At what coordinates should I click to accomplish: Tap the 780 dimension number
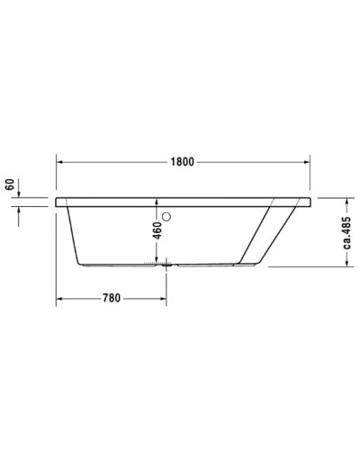[111, 297]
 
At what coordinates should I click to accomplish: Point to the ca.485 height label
[347, 233]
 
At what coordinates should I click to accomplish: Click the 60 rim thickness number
[10, 186]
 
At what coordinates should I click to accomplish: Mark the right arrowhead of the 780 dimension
[161, 297]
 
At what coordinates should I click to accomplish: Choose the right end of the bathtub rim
[310, 200]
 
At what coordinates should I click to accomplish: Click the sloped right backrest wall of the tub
[270, 234]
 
